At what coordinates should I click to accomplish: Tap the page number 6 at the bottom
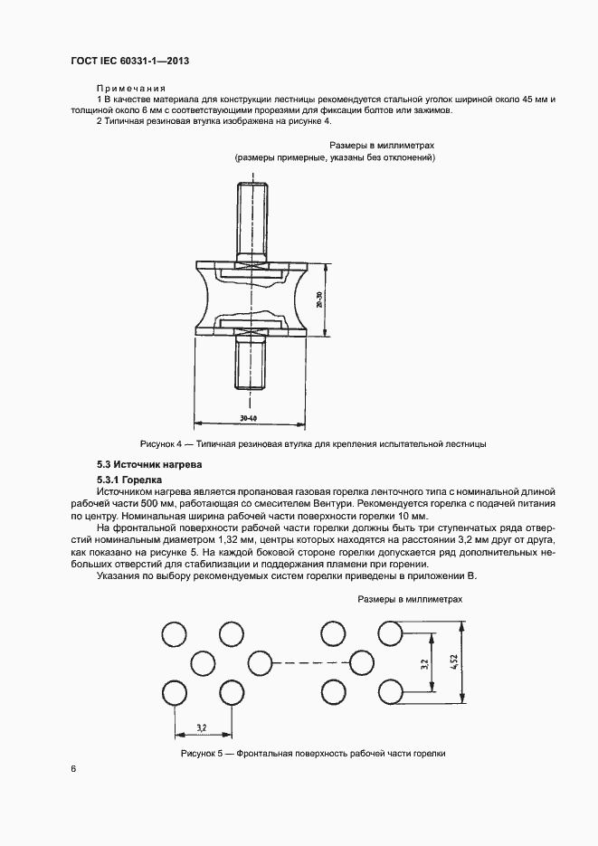73,768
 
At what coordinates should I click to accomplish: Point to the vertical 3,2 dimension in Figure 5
425,662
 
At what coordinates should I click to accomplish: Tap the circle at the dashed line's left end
260,661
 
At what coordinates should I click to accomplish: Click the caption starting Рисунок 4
313,444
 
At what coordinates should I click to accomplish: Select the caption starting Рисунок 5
314,753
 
